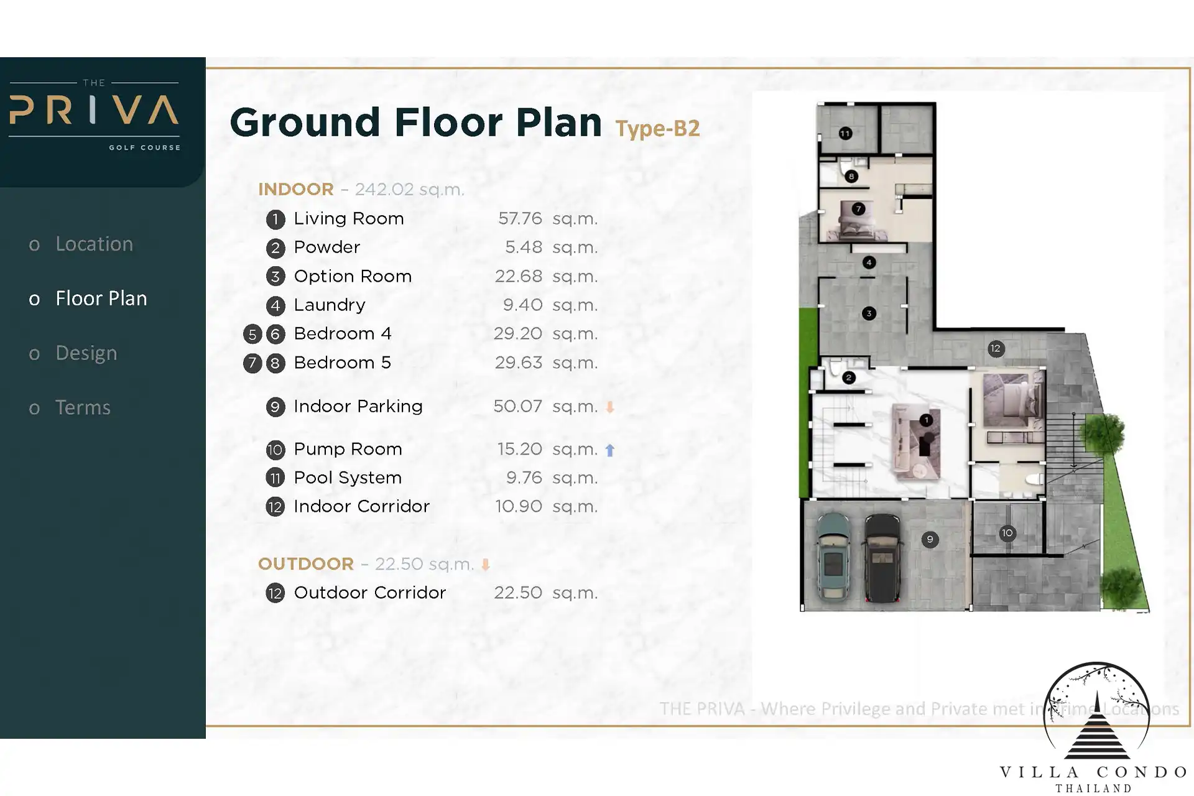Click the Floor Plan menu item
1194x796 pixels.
(x=101, y=298)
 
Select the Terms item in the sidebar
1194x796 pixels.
(x=83, y=407)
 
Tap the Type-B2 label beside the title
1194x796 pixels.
(x=657, y=129)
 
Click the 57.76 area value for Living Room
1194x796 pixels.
(x=520, y=218)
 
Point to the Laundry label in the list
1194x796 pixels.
(x=330, y=305)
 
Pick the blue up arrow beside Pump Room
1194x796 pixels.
(x=610, y=450)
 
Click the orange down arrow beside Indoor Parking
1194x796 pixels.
(x=610, y=407)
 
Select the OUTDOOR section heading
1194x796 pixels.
(x=306, y=564)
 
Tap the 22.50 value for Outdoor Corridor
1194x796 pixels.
(x=518, y=593)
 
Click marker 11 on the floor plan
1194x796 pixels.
(x=845, y=133)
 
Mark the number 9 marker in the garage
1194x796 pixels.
(x=930, y=539)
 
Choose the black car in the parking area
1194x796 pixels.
(x=882, y=558)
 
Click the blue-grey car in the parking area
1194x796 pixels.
(x=833, y=557)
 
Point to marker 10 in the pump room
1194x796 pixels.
(x=1007, y=533)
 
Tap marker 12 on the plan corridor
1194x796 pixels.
(x=996, y=348)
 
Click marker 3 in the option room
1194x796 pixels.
(x=869, y=313)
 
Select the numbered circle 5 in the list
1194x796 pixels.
(x=252, y=334)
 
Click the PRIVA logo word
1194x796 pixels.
(x=94, y=111)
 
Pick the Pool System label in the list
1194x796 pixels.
(x=348, y=478)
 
